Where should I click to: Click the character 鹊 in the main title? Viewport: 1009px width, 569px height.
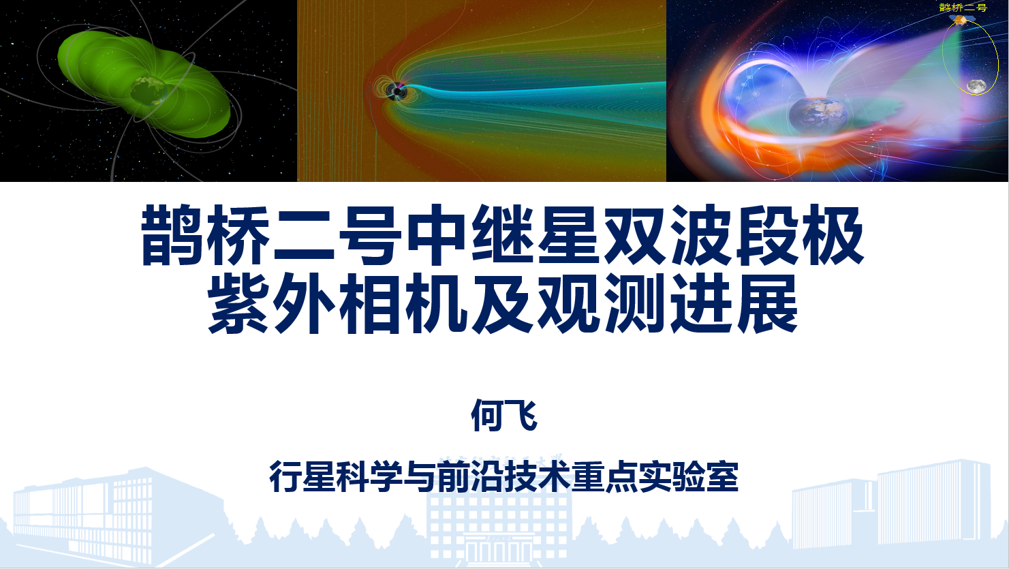(172, 234)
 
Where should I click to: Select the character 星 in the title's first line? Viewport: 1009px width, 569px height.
(568, 234)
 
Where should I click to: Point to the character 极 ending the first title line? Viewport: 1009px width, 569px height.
(833, 234)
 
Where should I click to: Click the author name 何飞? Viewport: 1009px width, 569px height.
(504, 416)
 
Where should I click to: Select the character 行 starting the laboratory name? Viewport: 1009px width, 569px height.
(285, 476)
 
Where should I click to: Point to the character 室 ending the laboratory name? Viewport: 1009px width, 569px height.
(723, 476)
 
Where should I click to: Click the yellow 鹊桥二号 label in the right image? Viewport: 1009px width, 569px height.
(963, 7)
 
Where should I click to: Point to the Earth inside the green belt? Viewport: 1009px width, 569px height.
(149, 91)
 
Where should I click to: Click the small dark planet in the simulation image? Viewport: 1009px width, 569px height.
(397, 91)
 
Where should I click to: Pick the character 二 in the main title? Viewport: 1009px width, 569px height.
(304, 234)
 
